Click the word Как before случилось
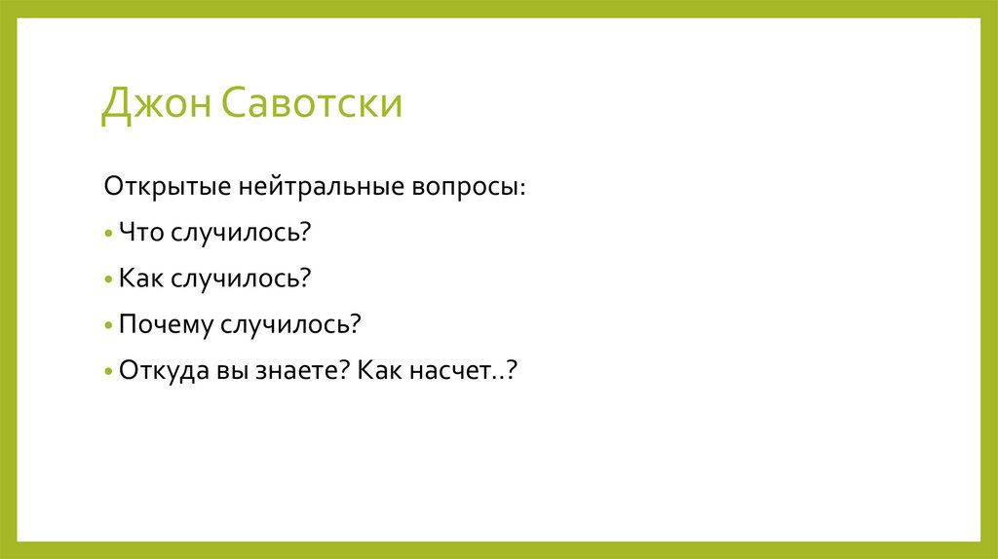point(141,278)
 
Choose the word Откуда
point(161,371)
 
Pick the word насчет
point(458,371)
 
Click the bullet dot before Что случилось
point(109,233)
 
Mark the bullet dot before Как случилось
point(109,279)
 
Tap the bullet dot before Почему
point(109,326)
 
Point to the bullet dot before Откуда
point(109,373)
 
